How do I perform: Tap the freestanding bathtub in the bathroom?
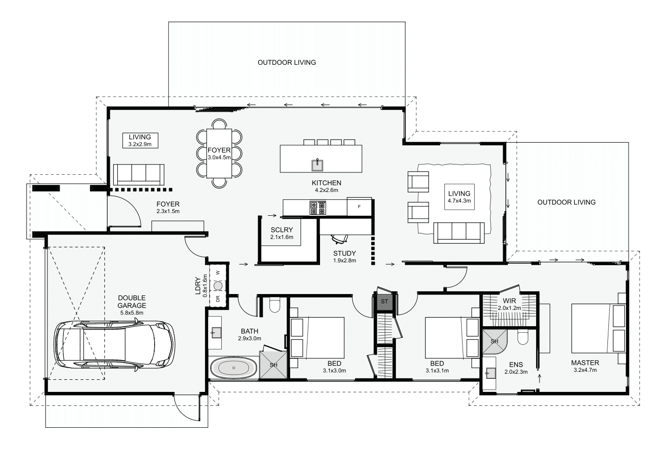234,368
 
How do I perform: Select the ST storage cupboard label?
384,301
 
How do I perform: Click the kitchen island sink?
318,165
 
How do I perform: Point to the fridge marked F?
359,206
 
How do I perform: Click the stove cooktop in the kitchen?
318,208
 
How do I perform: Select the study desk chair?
339,239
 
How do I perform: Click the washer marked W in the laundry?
218,273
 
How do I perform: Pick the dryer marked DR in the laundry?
218,299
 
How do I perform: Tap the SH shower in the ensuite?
495,342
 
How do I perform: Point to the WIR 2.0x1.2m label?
509,304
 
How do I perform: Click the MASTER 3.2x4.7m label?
585,366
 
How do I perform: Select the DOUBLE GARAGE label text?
132,301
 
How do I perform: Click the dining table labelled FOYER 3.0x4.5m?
219,153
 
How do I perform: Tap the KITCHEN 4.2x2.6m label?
327,186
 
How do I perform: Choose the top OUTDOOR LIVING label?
287,62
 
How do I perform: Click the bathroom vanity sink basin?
216,333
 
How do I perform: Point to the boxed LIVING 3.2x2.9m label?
140,141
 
